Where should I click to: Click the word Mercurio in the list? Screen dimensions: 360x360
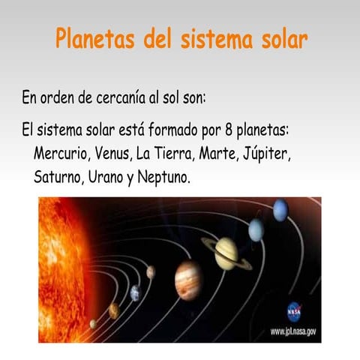point(62,154)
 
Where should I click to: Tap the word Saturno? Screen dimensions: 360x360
point(58,178)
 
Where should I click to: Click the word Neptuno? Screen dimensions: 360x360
point(163,178)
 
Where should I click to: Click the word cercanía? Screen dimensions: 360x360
point(130,98)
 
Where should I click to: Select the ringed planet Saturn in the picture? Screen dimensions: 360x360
point(226,253)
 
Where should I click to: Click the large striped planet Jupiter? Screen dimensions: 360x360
point(188,280)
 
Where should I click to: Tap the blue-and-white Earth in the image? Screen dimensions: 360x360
point(135,292)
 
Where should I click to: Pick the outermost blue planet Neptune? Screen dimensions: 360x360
point(280,210)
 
